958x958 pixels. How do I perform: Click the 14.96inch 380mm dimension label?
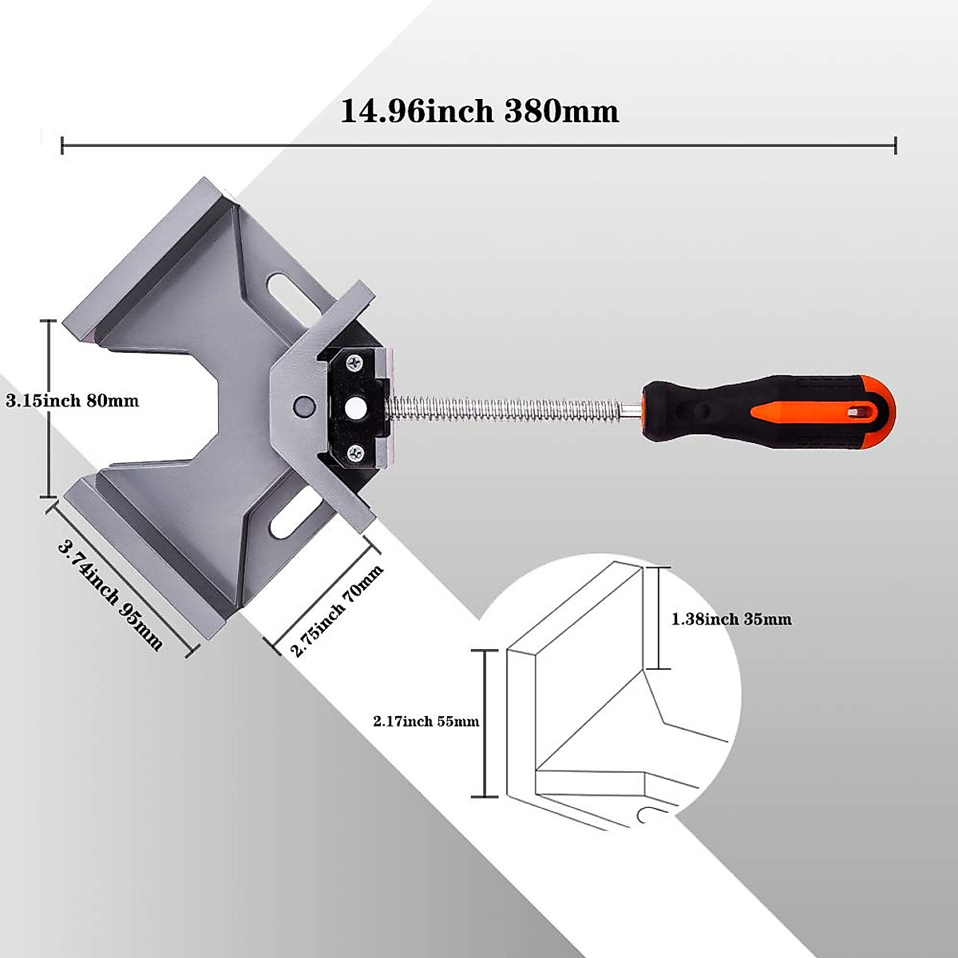(479, 111)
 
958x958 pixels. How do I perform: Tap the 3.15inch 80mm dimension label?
(73, 401)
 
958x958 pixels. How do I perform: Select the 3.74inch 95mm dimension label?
(110, 595)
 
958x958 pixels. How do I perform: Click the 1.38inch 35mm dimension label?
(731, 620)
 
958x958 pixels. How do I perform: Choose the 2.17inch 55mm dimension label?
(426, 722)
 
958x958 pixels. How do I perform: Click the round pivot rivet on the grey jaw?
(303, 405)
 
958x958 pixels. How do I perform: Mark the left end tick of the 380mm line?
(62, 145)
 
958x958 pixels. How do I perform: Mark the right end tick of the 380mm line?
(896, 145)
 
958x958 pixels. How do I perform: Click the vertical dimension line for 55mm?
(485, 722)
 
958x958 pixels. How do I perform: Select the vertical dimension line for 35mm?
(656, 618)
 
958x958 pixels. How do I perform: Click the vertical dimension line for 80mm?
(49, 407)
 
